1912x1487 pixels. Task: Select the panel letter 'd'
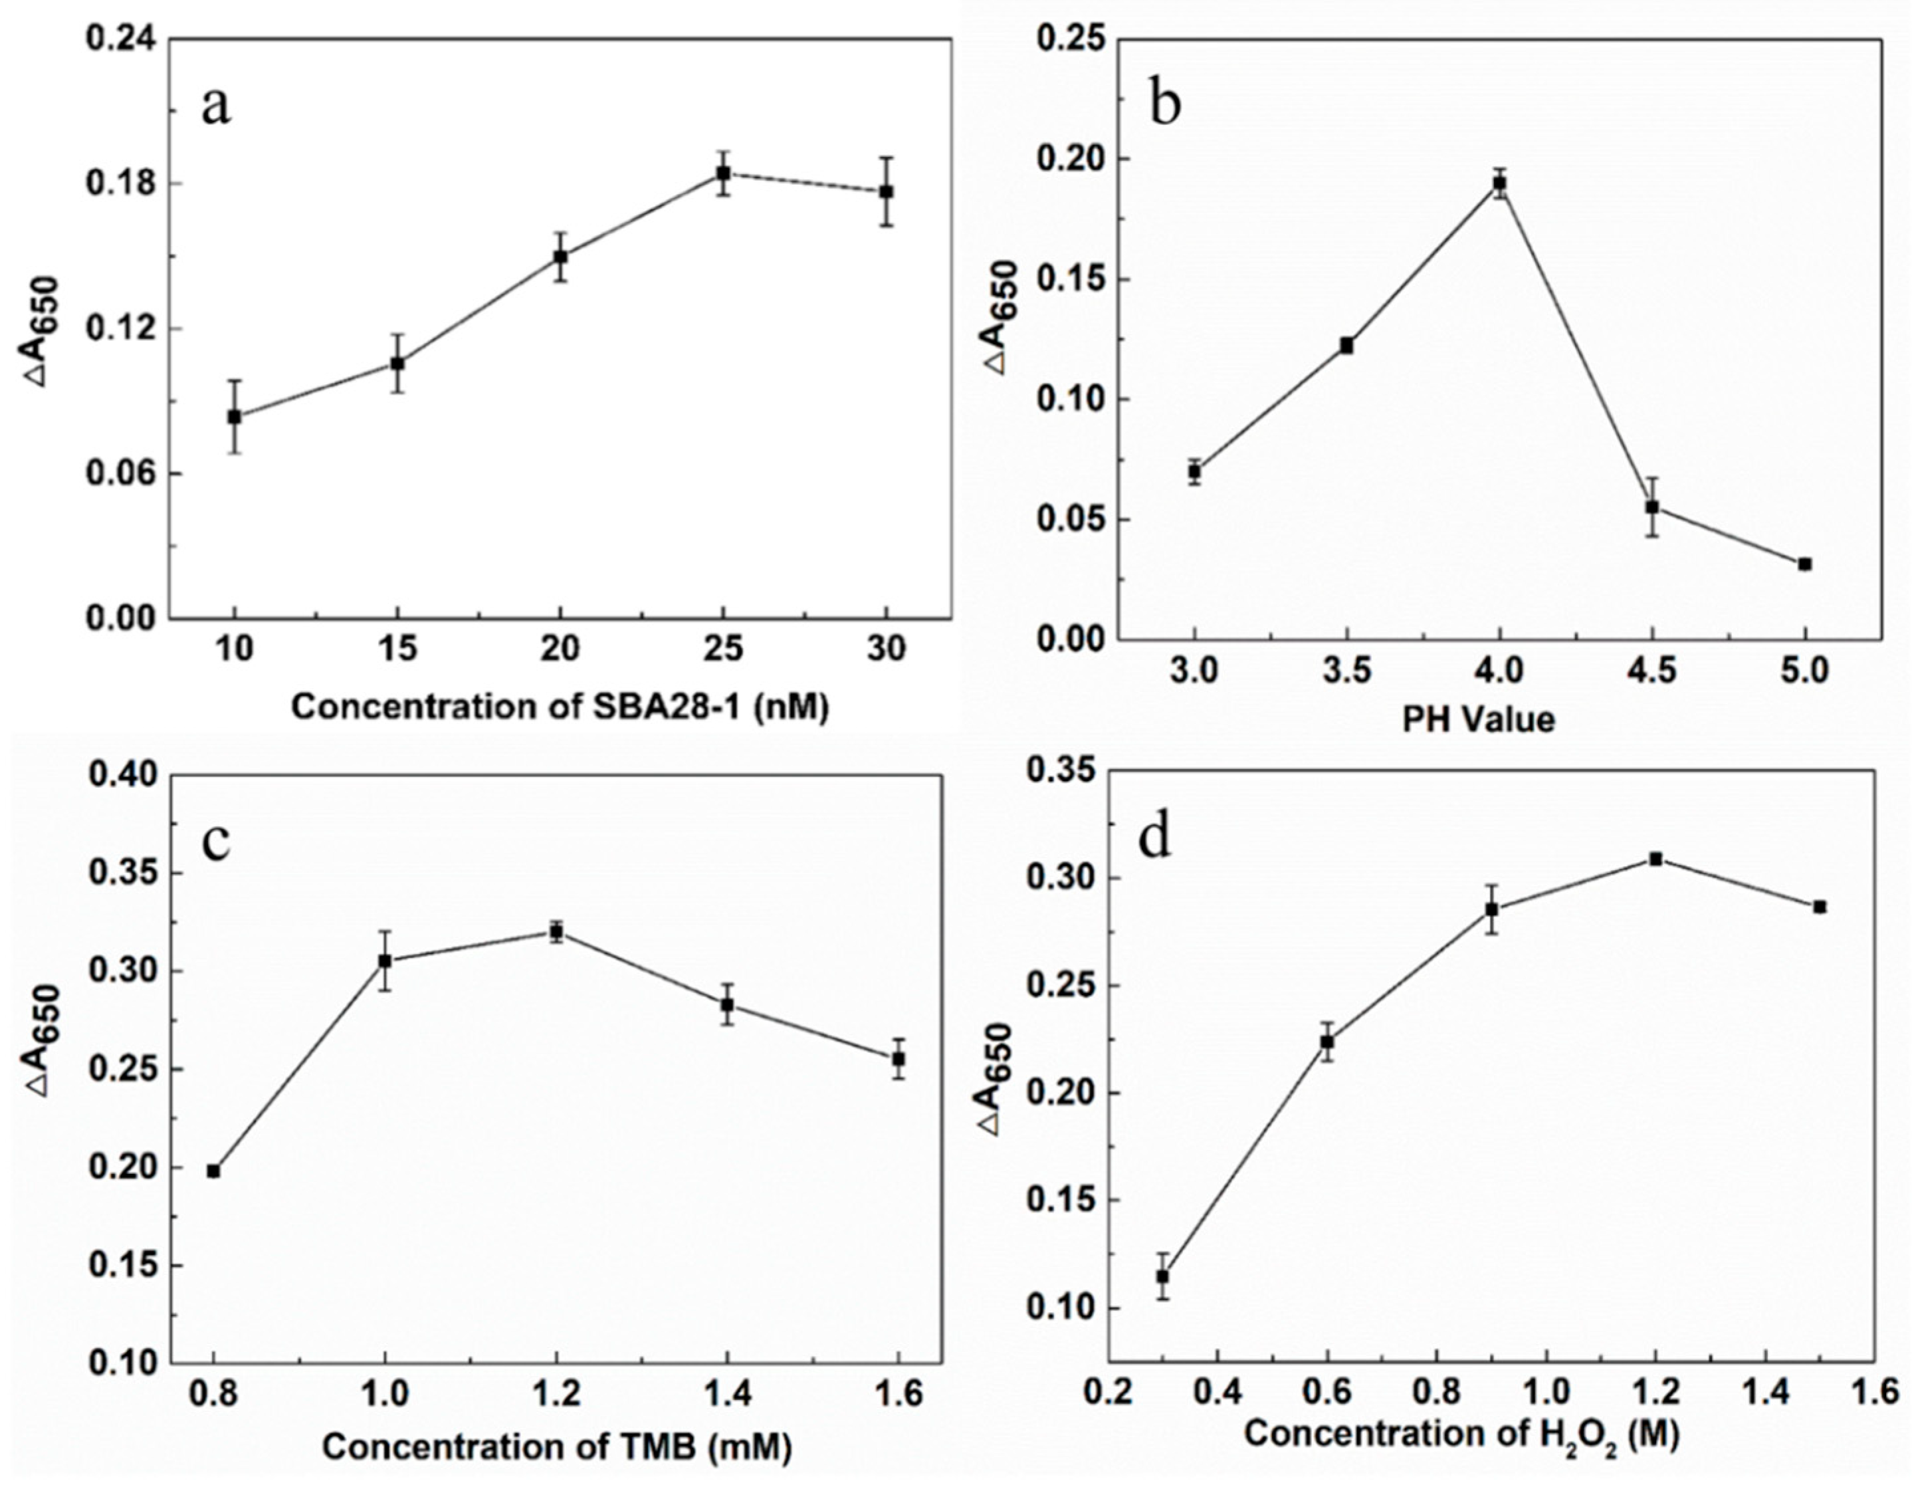pos(1154,838)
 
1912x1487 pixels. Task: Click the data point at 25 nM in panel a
pos(723,173)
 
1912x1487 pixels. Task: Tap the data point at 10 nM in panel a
pos(234,417)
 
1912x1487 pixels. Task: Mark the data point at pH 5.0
pos(1804,564)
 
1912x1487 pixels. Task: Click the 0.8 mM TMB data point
pos(213,1171)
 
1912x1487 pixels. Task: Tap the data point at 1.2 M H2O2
pos(1655,859)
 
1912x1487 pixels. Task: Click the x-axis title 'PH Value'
pos(1479,719)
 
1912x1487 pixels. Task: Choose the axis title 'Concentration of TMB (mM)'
pos(557,1446)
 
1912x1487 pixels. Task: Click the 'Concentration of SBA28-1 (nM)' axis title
pos(560,707)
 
